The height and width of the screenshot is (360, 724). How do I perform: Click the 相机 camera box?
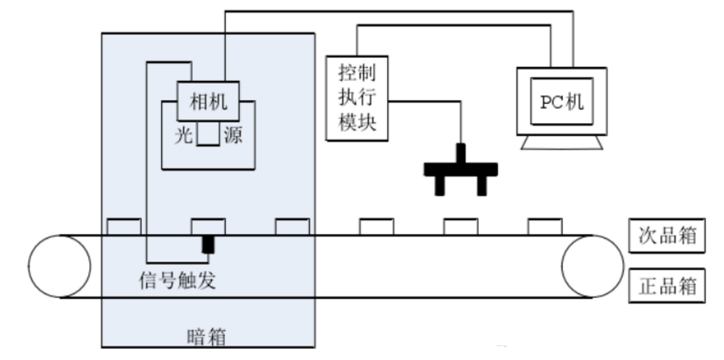click(x=208, y=102)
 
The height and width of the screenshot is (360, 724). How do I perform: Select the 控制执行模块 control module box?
click(x=358, y=99)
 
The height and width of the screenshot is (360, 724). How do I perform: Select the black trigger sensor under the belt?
click(x=208, y=245)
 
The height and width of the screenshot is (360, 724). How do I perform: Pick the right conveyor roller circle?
click(x=592, y=266)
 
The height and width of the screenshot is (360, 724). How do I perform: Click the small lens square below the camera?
click(x=207, y=135)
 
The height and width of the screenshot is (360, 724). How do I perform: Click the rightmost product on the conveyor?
click(x=545, y=226)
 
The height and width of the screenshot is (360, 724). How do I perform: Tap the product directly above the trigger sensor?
click(x=208, y=226)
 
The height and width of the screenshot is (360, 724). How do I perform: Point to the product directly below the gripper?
click(x=461, y=226)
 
